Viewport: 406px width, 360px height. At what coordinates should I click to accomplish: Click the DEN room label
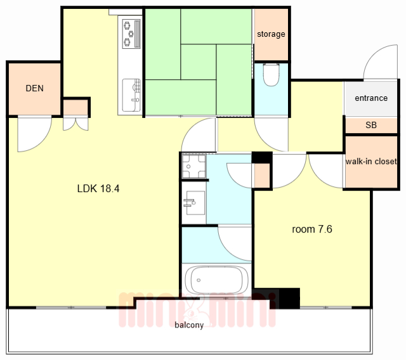[34, 89]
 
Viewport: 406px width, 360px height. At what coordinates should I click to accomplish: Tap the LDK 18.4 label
[98, 188]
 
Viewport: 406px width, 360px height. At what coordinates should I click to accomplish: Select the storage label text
[271, 34]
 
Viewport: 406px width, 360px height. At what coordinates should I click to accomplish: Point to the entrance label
[371, 98]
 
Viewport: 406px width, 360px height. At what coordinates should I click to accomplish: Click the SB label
[371, 125]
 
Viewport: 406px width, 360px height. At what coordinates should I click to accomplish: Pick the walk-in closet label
[371, 162]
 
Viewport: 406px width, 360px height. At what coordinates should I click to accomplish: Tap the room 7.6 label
[312, 229]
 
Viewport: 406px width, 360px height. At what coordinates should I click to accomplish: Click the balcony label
[189, 325]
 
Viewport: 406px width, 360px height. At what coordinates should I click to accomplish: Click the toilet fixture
[271, 75]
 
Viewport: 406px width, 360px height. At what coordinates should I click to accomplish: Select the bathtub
[216, 280]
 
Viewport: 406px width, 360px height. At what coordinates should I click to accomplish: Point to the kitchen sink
[131, 95]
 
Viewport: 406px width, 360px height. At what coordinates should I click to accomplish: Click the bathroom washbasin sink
[194, 203]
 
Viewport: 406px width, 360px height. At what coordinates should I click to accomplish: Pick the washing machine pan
[194, 166]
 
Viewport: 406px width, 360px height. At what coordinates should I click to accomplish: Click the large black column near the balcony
[289, 298]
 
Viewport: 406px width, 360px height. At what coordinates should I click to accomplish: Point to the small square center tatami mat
[199, 62]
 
